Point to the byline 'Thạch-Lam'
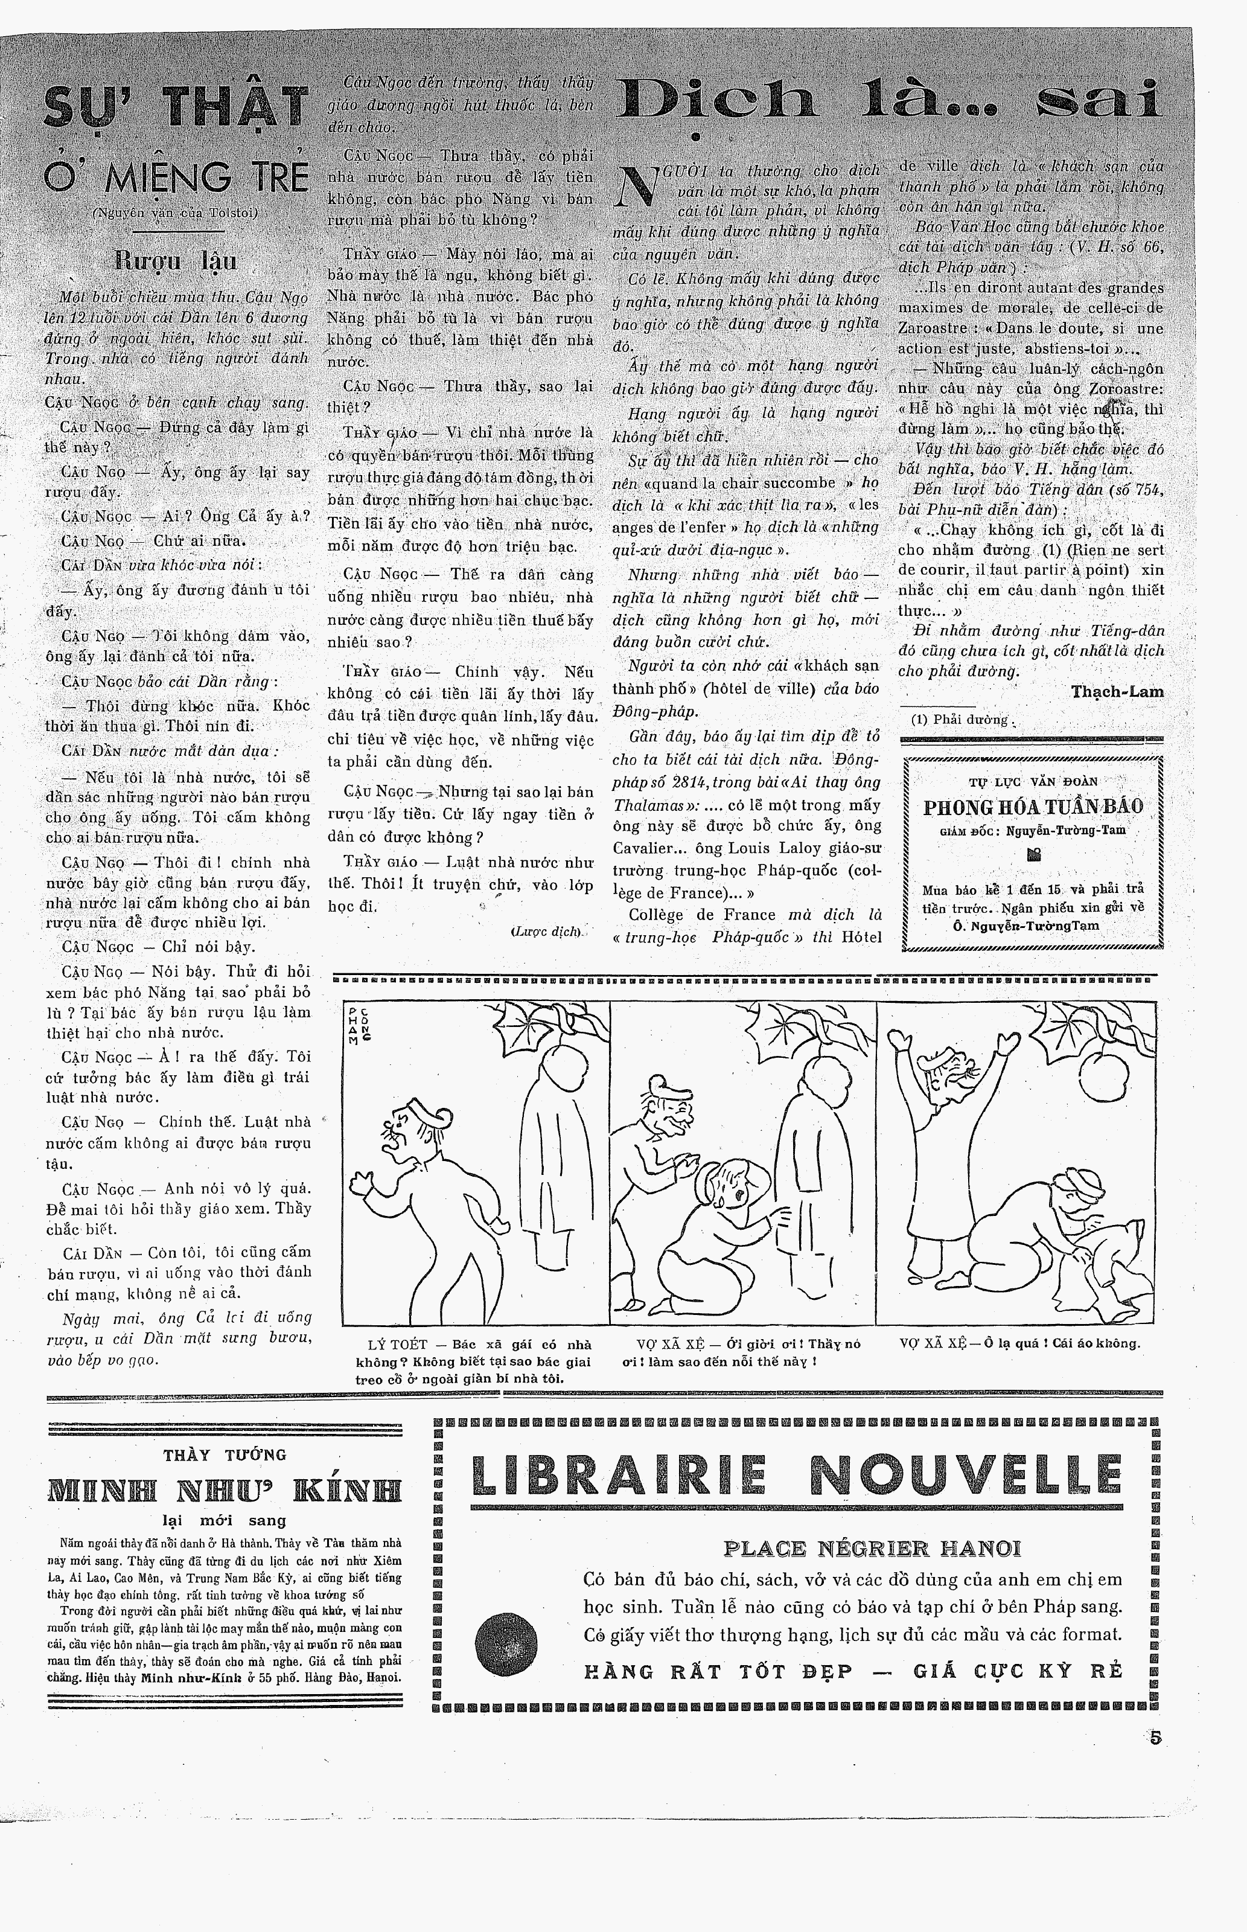1117,691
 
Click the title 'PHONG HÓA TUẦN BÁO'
1033,807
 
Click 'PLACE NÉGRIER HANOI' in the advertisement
872,1548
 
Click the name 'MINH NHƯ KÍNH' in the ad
225,1489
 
